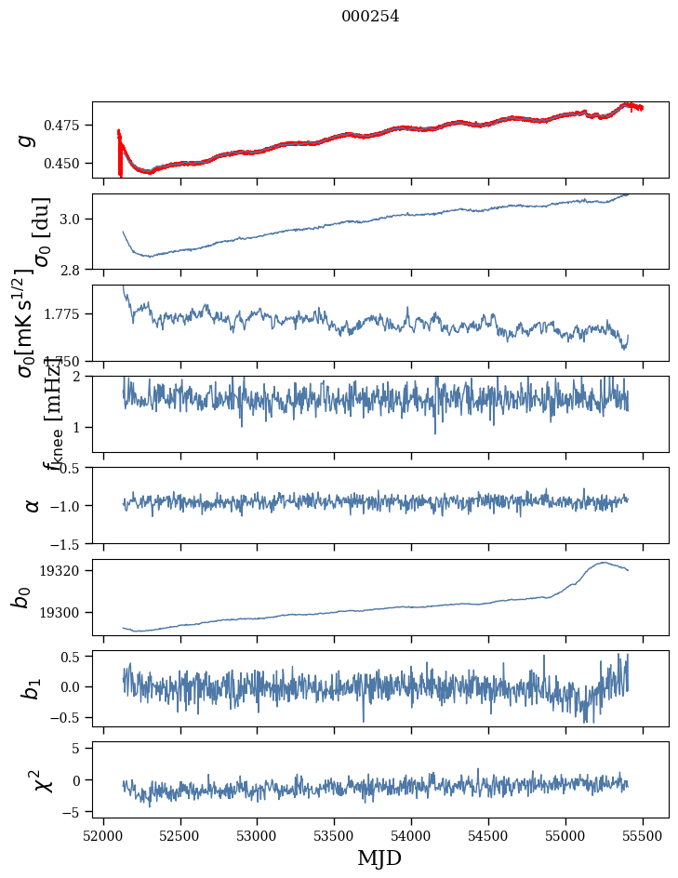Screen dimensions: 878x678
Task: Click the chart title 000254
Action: (x=370, y=16)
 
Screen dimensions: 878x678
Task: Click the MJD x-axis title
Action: (x=379, y=858)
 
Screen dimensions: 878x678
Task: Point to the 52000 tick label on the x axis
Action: (x=103, y=835)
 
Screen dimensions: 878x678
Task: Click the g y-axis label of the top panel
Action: (x=26, y=140)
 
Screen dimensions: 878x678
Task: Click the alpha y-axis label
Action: (x=32, y=505)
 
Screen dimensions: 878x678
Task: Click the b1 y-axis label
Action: (x=32, y=688)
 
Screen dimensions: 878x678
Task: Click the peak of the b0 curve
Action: (x=605, y=562)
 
